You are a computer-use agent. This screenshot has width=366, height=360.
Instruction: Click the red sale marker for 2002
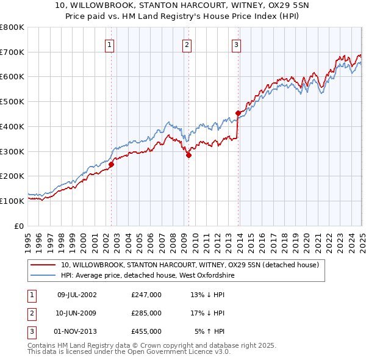[111, 164]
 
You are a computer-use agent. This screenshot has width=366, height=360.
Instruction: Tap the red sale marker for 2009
[188, 155]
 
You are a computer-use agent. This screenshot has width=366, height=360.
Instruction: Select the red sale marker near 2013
[238, 113]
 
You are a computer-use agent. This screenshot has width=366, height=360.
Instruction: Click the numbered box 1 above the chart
[109, 44]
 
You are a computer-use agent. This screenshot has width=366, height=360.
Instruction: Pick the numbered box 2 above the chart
[187, 44]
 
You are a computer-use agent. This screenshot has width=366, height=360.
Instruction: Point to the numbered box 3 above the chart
[236, 44]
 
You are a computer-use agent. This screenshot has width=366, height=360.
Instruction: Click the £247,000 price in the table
[146, 295]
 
